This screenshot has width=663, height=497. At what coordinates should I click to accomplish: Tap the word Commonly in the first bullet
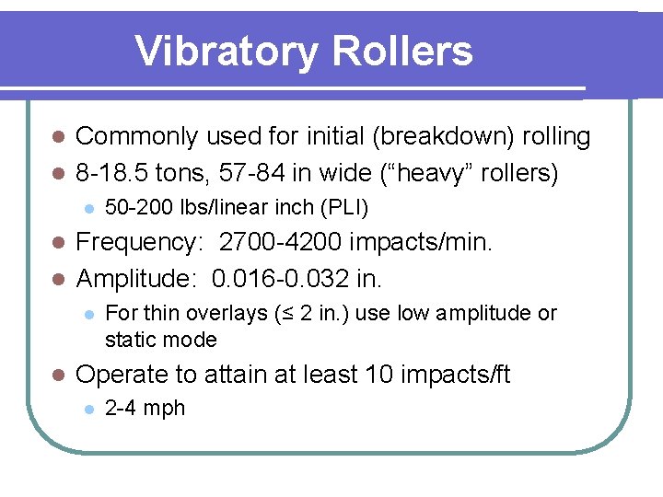click(x=136, y=137)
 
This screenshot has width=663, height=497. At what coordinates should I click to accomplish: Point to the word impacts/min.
click(x=425, y=243)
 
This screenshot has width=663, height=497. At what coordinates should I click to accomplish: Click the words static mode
click(x=160, y=340)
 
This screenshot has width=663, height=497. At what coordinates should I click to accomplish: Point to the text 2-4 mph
click(x=145, y=409)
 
